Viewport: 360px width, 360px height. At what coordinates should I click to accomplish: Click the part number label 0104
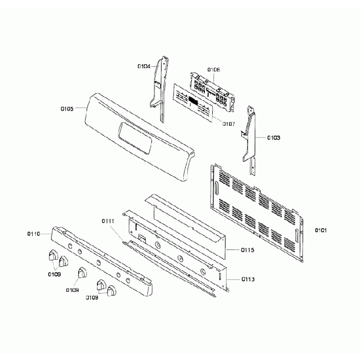(143, 66)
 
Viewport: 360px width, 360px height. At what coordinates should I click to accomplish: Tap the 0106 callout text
(214, 69)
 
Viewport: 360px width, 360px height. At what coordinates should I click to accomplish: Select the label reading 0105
(66, 109)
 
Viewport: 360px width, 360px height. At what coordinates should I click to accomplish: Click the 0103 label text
(274, 137)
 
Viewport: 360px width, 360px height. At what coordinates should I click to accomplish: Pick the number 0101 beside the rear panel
(321, 229)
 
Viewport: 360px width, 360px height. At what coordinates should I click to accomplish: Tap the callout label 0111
(108, 221)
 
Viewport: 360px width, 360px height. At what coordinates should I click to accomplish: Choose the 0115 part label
(248, 250)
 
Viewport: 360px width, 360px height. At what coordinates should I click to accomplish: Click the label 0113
(248, 280)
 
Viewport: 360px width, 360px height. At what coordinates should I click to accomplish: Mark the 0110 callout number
(33, 234)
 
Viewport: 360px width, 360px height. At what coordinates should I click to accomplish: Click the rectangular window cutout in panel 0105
(136, 138)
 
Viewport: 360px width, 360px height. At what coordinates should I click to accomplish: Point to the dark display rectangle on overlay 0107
(193, 101)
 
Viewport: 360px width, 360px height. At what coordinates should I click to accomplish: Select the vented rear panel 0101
(258, 213)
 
